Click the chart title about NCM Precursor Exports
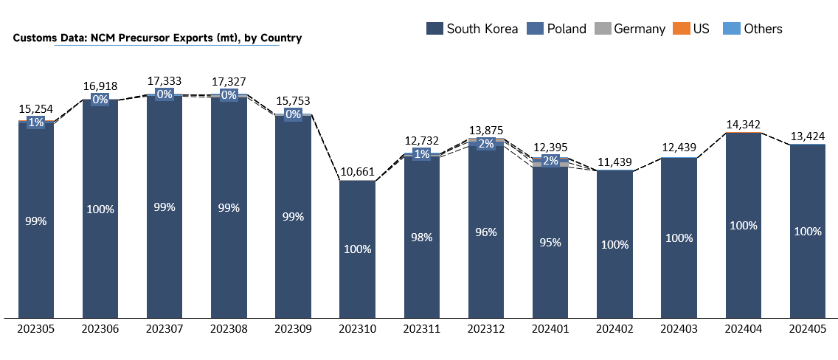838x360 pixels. [x=157, y=38]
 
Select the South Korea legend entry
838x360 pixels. [x=472, y=29]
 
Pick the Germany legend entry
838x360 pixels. [x=630, y=29]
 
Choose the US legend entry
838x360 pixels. [x=692, y=29]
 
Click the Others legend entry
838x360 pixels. [x=752, y=29]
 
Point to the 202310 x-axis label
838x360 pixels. [x=358, y=329]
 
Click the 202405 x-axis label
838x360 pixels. [x=808, y=329]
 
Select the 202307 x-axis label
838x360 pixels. [x=165, y=329]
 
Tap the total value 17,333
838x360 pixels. [x=165, y=81]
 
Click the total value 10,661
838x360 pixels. [x=358, y=172]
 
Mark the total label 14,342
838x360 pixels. [x=744, y=125]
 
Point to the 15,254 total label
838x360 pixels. [x=36, y=108]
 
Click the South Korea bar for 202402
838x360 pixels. [x=614, y=245]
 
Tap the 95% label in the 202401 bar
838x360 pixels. [x=550, y=242]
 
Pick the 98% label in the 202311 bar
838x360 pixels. [x=422, y=238]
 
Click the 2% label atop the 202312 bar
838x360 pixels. [x=486, y=144]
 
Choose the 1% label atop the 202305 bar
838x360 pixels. [x=36, y=122]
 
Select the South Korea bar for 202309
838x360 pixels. [x=293, y=217]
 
